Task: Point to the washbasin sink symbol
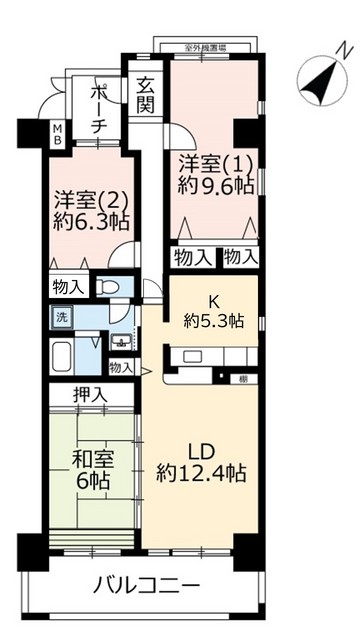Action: coord(121,341)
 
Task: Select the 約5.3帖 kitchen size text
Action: coord(212,321)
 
